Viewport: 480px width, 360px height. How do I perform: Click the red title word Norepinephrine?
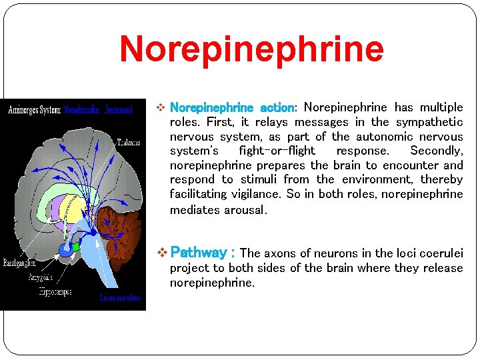pos(251,49)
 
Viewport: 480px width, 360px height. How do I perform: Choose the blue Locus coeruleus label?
pos(120,298)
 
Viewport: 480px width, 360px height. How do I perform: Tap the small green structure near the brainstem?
pos(75,247)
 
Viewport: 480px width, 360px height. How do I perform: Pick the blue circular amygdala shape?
pos(65,249)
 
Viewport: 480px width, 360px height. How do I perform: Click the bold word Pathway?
pos(199,253)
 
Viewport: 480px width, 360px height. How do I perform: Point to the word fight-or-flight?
pos(277,151)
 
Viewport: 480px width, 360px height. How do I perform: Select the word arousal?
pos(246,210)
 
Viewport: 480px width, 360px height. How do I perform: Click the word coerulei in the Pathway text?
pos(440,253)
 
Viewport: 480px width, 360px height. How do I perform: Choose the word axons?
pos(279,253)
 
